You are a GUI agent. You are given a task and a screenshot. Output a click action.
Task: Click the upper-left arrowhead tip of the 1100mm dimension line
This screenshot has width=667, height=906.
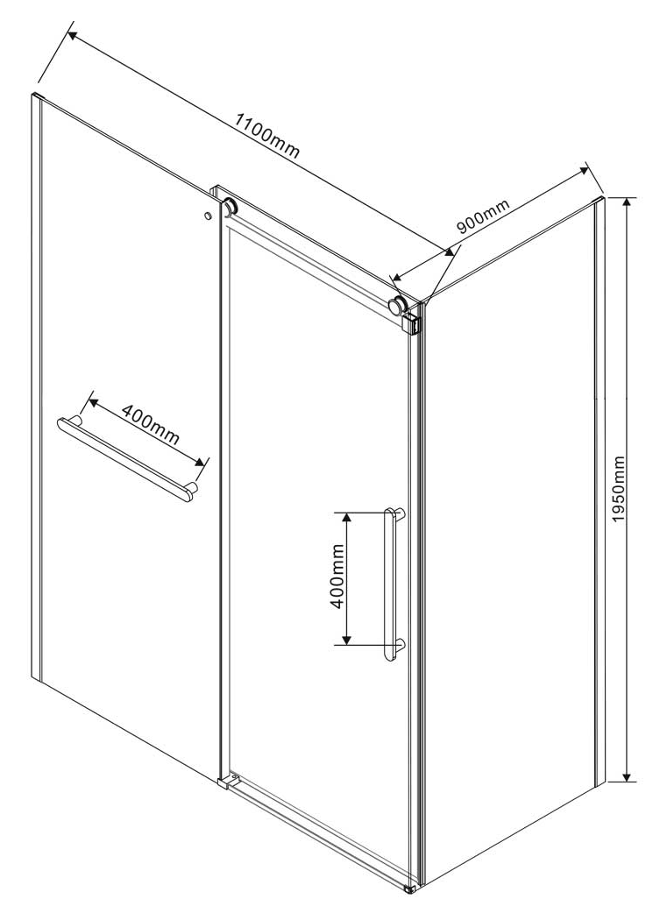click(67, 32)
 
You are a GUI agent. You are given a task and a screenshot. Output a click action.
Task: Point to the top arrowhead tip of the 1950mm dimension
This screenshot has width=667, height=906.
click(627, 198)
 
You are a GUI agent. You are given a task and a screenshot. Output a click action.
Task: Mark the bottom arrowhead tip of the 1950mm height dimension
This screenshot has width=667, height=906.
click(627, 782)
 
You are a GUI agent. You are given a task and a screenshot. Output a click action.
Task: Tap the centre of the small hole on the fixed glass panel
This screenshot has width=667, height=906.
click(207, 216)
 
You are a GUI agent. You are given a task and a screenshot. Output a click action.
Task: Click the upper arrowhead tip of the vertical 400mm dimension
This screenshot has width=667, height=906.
click(346, 512)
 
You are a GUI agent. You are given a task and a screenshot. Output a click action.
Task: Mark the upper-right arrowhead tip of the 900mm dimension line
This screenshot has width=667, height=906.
click(587, 168)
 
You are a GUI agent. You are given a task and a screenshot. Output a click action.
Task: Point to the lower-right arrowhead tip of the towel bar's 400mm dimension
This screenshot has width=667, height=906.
click(205, 464)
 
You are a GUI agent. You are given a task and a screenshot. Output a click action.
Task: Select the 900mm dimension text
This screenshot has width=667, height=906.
click(483, 216)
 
